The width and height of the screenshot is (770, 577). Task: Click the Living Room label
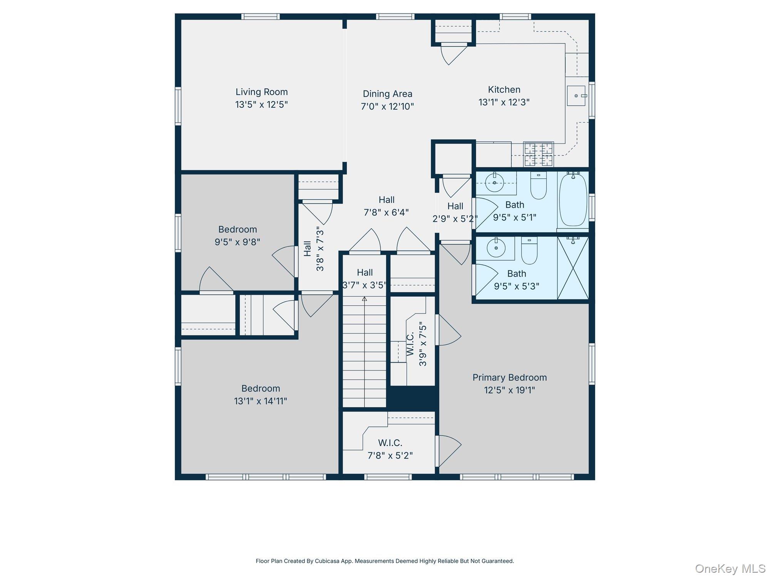(261, 92)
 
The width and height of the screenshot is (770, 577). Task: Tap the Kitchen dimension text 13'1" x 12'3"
(504, 102)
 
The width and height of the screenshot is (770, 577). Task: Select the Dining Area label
(387, 94)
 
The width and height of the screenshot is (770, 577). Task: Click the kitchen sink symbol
(576, 96)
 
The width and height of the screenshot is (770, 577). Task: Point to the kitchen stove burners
(538, 154)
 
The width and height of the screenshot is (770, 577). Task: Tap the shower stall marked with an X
(573, 268)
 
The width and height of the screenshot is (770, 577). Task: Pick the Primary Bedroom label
(509, 377)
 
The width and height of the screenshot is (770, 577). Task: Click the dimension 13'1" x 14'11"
(261, 401)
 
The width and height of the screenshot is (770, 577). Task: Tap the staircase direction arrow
(364, 299)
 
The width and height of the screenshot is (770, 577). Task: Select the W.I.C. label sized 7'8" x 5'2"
(390, 443)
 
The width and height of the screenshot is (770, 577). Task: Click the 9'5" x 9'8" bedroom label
(238, 235)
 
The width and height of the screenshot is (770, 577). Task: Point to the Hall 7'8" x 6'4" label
(386, 206)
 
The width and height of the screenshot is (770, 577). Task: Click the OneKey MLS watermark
(730, 569)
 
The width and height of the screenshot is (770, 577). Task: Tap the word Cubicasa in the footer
(327, 561)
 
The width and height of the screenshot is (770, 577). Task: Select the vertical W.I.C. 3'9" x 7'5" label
(416, 344)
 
